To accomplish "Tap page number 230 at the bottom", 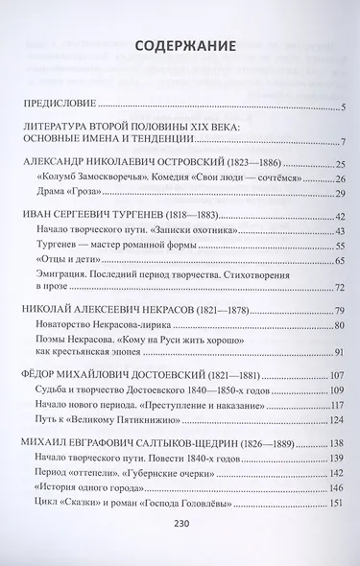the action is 180,538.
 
